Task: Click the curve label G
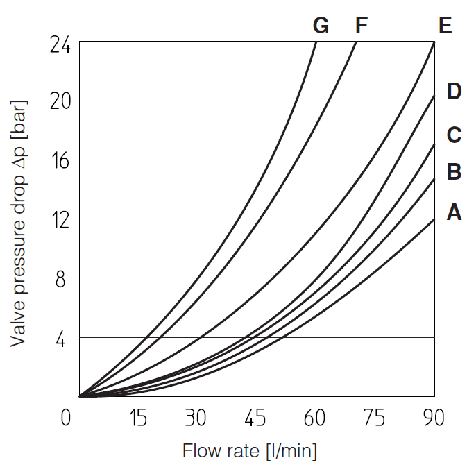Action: [321, 26]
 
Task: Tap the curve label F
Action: [361, 26]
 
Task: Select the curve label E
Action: [445, 26]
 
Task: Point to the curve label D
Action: [454, 91]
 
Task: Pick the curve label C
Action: [454, 135]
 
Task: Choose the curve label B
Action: [454, 171]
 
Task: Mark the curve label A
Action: [454, 212]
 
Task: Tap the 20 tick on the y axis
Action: [60, 101]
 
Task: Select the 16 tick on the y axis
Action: [60, 160]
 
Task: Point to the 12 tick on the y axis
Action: [60, 219]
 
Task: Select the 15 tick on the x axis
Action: [139, 418]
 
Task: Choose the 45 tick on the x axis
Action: [256, 418]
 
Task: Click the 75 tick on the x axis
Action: [374, 418]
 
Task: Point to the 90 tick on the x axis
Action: [433, 418]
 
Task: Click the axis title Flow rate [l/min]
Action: [250, 451]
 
